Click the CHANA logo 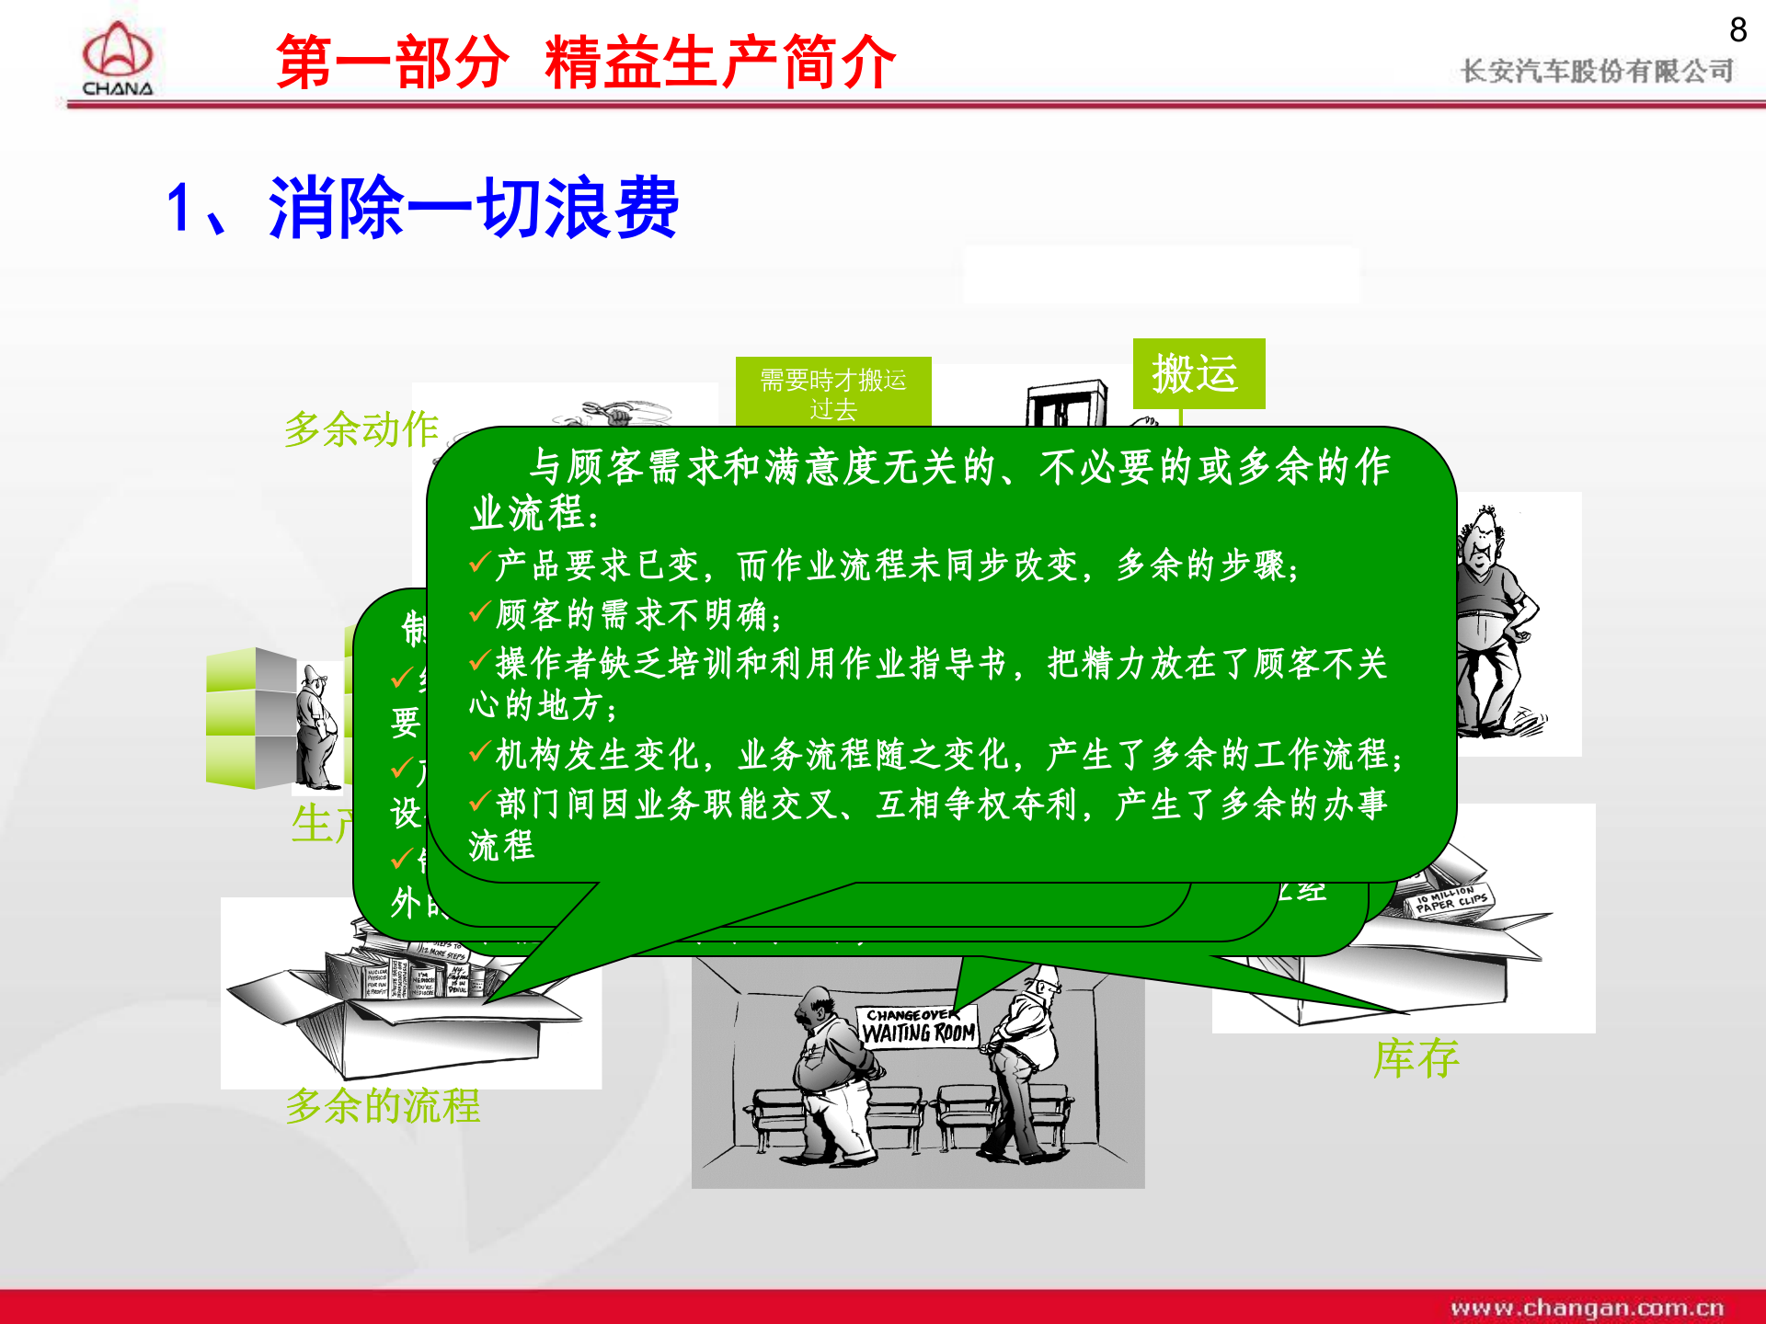[x=117, y=58]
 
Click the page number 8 [x=1737, y=30]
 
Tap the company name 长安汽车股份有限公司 [x=1597, y=71]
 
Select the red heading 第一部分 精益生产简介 [x=586, y=63]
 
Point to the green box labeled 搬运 [x=1198, y=374]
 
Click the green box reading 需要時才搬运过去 [x=833, y=393]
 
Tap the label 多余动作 [x=361, y=428]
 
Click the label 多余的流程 [x=383, y=1105]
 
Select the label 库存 [x=1416, y=1058]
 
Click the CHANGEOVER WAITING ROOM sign [x=918, y=1026]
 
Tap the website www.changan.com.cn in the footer [x=1587, y=1307]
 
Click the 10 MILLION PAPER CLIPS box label [x=1451, y=900]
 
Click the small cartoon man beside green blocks [x=317, y=726]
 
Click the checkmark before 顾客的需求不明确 [x=479, y=611]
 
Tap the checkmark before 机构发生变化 [x=479, y=752]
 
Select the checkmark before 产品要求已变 [x=479, y=562]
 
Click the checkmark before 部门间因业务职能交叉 [x=479, y=802]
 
